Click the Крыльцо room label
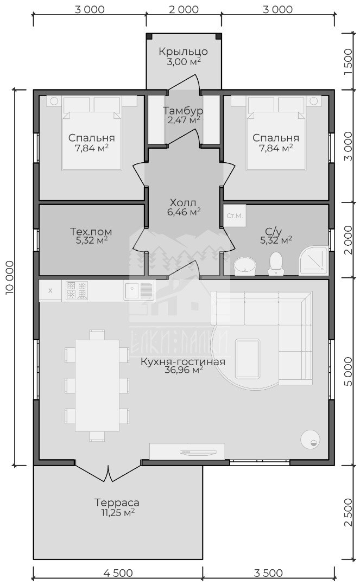point(183,52)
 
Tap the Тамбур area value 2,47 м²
point(182,120)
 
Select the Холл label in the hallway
point(182,203)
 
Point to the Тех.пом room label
point(91,232)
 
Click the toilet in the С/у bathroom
point(276,263)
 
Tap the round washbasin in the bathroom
point(244,266)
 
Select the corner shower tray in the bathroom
point(313,260)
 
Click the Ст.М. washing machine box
point(235,215)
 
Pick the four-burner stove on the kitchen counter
point(77,291)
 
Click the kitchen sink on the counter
point(138,291)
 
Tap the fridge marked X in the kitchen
point(50,291)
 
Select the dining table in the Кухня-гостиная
point(97,385)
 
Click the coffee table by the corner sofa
point(247,359)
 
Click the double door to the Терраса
point(108,472)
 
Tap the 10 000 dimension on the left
point(10,278)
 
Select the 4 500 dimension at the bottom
point(118,573)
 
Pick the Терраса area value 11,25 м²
point(118,513)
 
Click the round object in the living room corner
point(311,438)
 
